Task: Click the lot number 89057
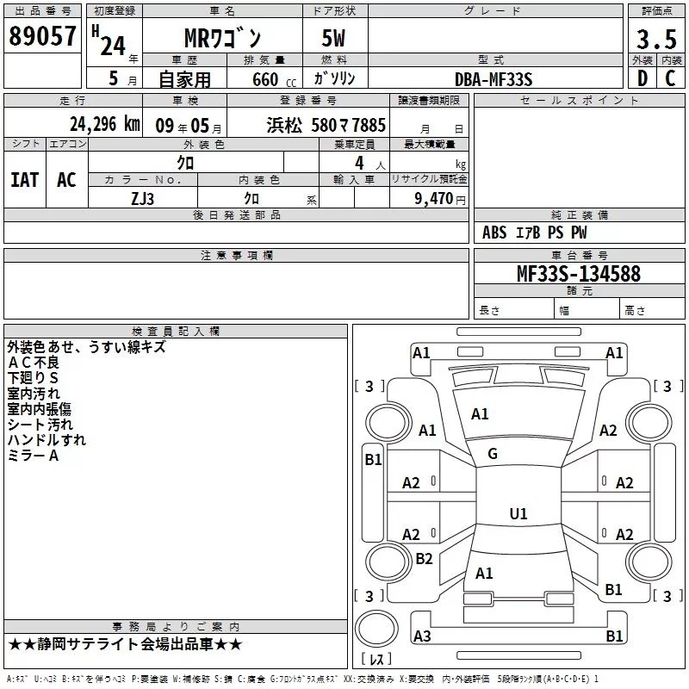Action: (42, 36)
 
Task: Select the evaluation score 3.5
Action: (656, 40)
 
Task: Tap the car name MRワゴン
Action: (222, 40)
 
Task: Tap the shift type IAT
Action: (25, 180)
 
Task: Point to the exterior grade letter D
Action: (642, 79)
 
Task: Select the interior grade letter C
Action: (670, 79)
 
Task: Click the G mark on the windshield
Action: (493, 454)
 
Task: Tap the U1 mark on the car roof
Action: (518, 514)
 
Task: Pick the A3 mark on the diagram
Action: (422, 636)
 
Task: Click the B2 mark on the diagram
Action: (424, 559)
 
